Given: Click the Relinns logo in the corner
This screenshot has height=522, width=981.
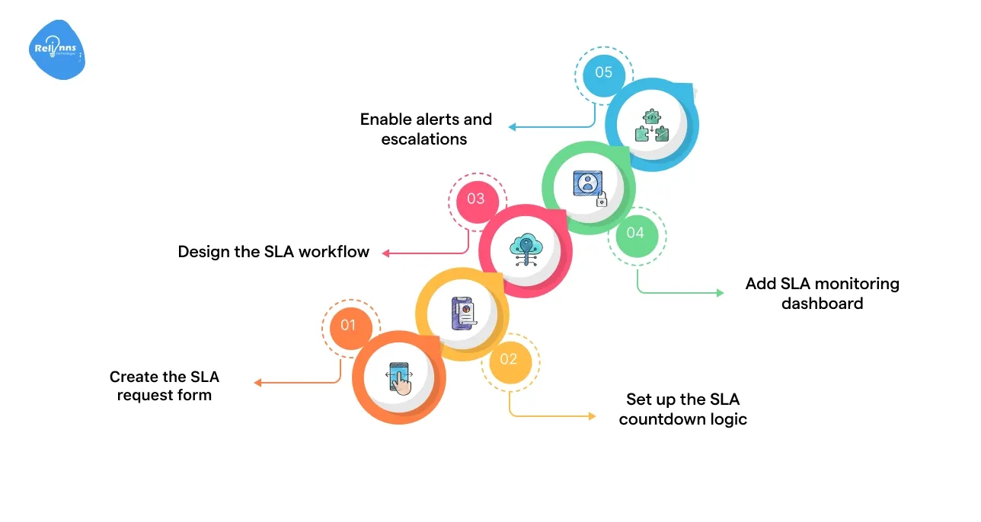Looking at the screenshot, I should [x=57, y=51].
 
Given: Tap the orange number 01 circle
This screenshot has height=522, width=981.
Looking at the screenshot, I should [x=348, y=325].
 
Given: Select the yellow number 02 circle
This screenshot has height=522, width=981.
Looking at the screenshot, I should [x=509, y=358].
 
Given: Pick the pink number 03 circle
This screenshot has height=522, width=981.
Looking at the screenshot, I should [x=476, y=199].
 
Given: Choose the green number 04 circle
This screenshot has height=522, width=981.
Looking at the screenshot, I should [x=635, y=232].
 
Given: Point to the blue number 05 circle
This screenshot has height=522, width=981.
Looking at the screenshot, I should [x=603, y=72].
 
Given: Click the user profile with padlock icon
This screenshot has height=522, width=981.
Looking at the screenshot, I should [x=590, y=188].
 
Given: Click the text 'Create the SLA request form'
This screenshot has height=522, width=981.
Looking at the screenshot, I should [x=165, y=386].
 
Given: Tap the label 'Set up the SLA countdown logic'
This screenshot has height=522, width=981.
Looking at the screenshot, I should [x=682, y=409].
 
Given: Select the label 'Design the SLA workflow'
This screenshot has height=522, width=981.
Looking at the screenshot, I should [x=273, y=252].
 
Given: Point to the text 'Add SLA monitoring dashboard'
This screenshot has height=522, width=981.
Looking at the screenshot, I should [x=822, y=293].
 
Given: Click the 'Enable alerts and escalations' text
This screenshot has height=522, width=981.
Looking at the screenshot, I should [x=426, y=129].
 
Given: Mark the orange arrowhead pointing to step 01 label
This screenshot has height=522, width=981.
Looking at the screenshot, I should [x=258, y=383].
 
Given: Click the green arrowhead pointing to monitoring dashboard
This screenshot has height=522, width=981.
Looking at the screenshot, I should [x=720, y=292].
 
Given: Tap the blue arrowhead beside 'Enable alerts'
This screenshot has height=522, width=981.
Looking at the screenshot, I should [x=513, y=127].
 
